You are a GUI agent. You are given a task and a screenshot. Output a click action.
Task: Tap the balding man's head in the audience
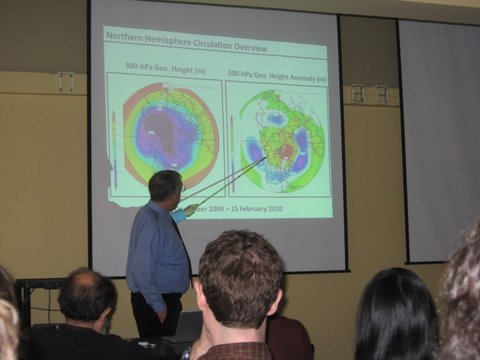click(87, 297)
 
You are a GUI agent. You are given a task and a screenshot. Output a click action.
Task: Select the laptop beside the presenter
click(184, 329)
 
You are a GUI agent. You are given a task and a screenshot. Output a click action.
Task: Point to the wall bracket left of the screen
click(65, 82)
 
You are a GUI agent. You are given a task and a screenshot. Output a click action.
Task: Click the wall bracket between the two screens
click(368, 93)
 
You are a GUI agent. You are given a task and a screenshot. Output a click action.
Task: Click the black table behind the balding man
click(35, 295)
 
